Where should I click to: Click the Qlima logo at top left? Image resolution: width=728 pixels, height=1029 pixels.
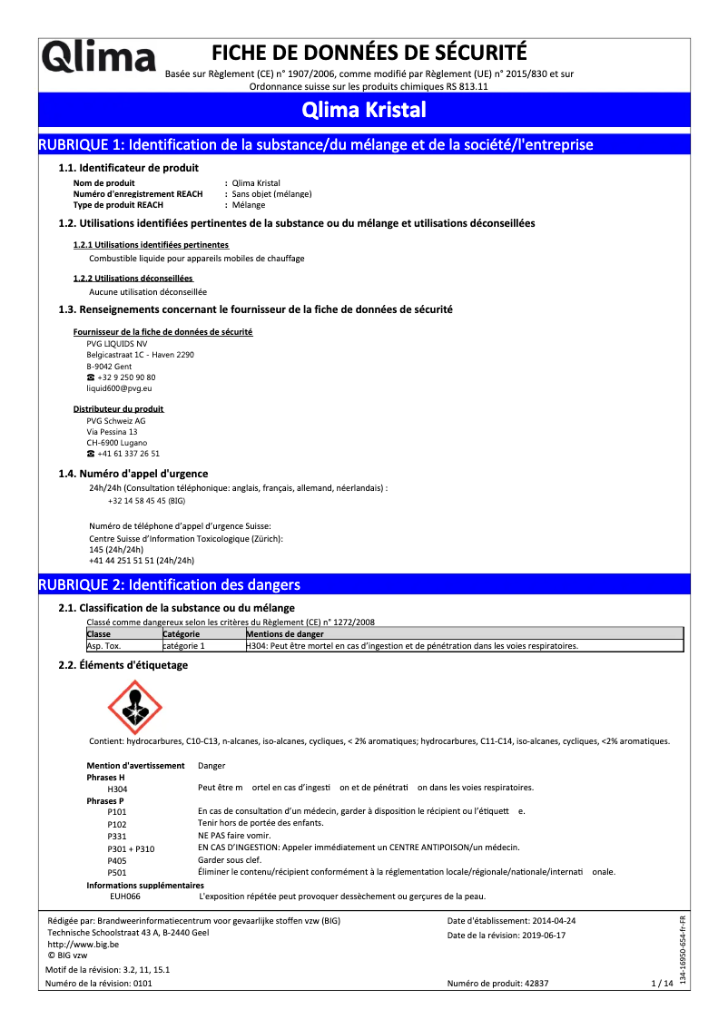click(x=98, y=58)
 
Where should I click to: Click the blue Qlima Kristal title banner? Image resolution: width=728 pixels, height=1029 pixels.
click(x=363, y=111)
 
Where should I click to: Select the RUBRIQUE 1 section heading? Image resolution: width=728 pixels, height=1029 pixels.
click(x=315, y=144)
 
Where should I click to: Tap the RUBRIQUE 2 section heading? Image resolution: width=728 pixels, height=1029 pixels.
click(x=168, y=584)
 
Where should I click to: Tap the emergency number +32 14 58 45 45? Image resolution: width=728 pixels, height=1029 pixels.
click(x=136, y=500)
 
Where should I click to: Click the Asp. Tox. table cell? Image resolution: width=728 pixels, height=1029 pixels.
click(x=103, y=646)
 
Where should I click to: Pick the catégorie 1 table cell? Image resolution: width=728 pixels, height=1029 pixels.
click(x=184, y=646)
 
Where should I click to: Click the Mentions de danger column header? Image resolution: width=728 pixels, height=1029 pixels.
click(x=285, y=633)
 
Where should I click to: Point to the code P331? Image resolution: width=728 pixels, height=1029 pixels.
click(x=117, y=835)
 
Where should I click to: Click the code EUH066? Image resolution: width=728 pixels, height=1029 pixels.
click(x=125, y=897)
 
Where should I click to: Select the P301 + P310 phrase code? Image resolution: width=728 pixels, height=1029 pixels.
click(x=131, y=848)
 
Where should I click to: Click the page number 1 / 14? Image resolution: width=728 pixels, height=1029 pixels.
click(x=663, y=983)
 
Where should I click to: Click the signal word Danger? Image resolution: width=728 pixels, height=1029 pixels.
click(x=212, y=766)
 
